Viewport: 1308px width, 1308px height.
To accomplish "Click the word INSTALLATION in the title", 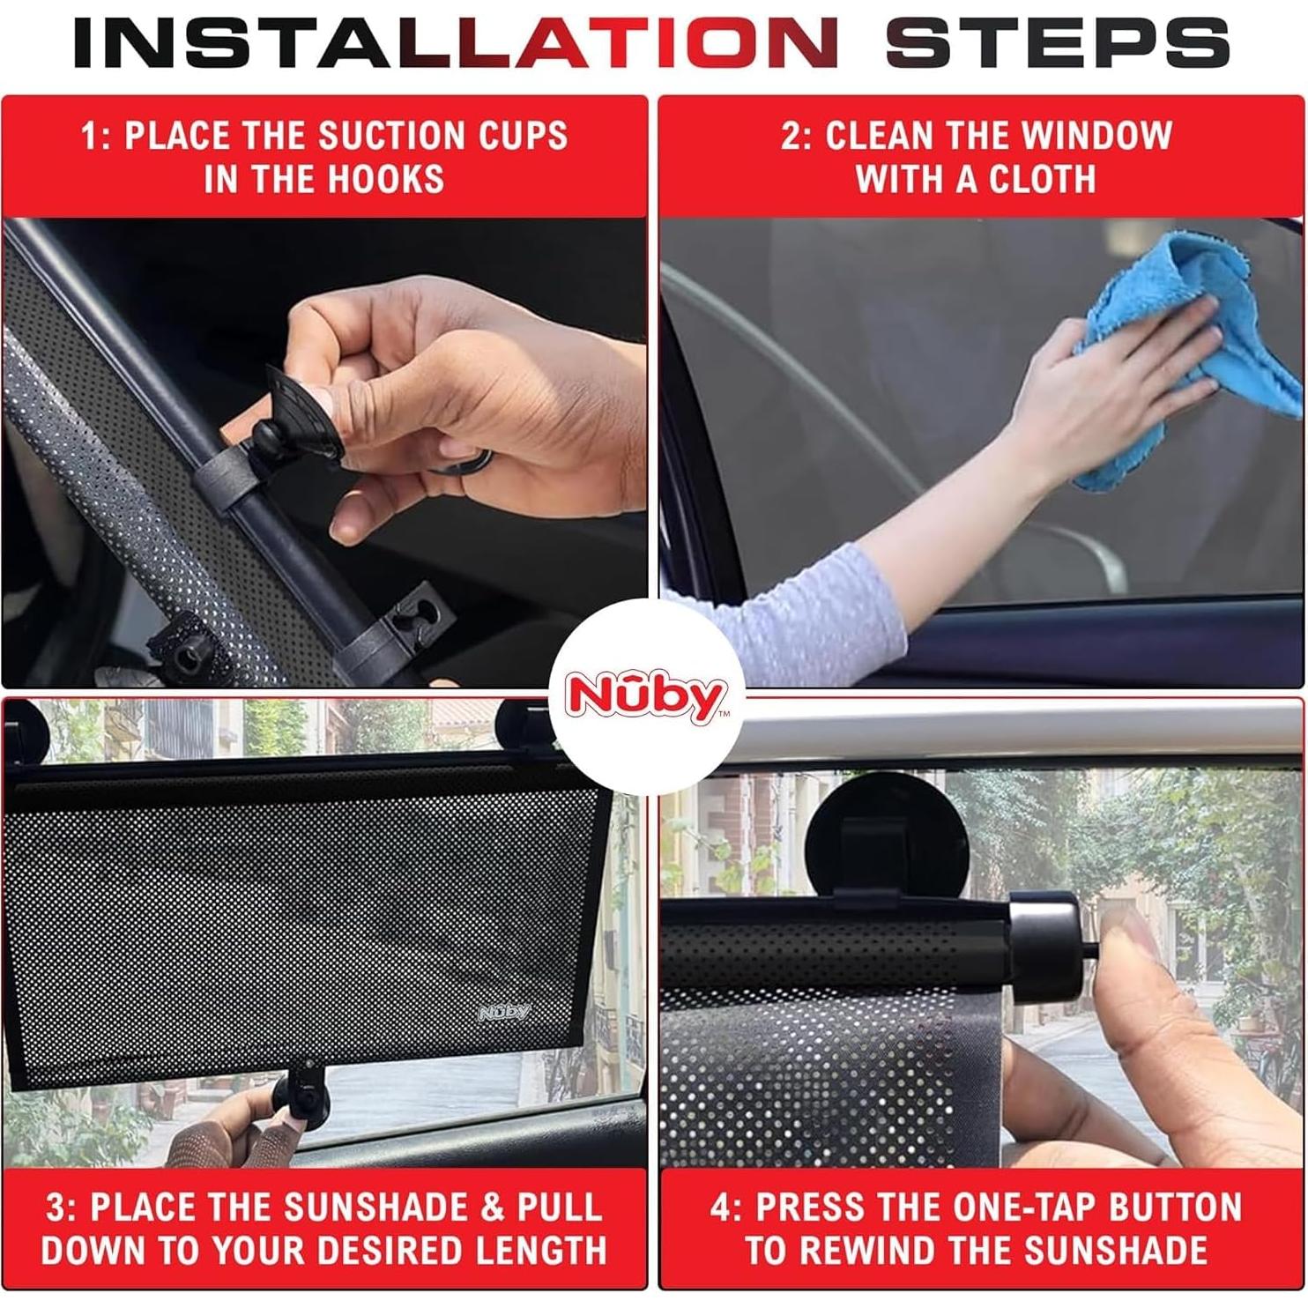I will coord(455,41).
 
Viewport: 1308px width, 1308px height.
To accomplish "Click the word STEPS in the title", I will coord(1057,41).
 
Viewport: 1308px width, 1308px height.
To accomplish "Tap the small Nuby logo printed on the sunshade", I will coord(504,1012).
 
